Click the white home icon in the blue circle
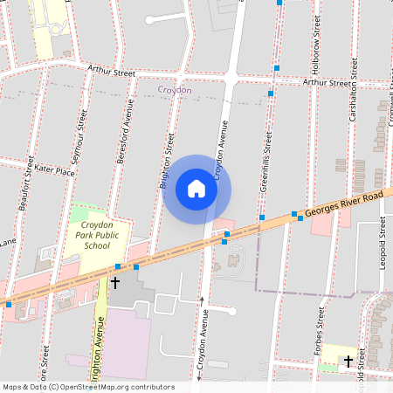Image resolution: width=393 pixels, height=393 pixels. (196, 189)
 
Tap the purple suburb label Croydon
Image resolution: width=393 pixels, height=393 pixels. (175, 90)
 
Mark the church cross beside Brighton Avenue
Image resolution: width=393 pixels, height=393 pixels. (114, 283)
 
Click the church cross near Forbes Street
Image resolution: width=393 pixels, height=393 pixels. (348, 360)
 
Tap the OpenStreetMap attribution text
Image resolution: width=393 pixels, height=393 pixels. (87, 387)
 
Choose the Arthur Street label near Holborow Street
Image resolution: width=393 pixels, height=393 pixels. (328, 82)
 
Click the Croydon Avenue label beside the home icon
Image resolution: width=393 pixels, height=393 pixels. (219, 148)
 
